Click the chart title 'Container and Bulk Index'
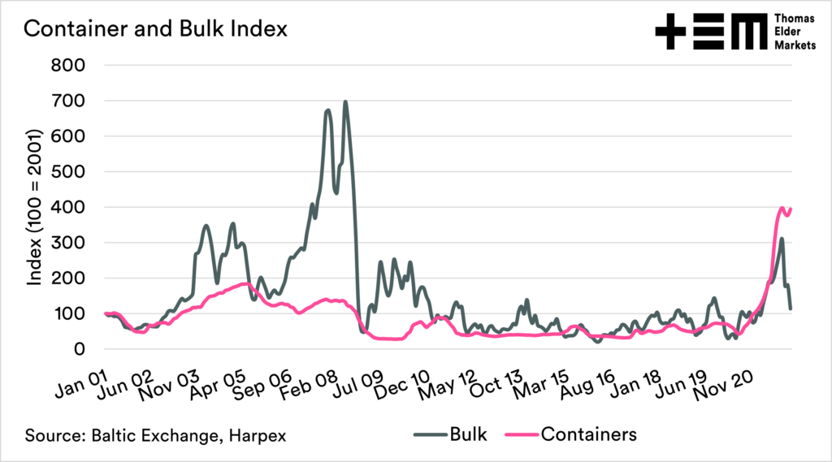click(x=154, y=29)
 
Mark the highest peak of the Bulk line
click(x=345, y=102)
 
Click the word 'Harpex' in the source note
click(x=256, y=435)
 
